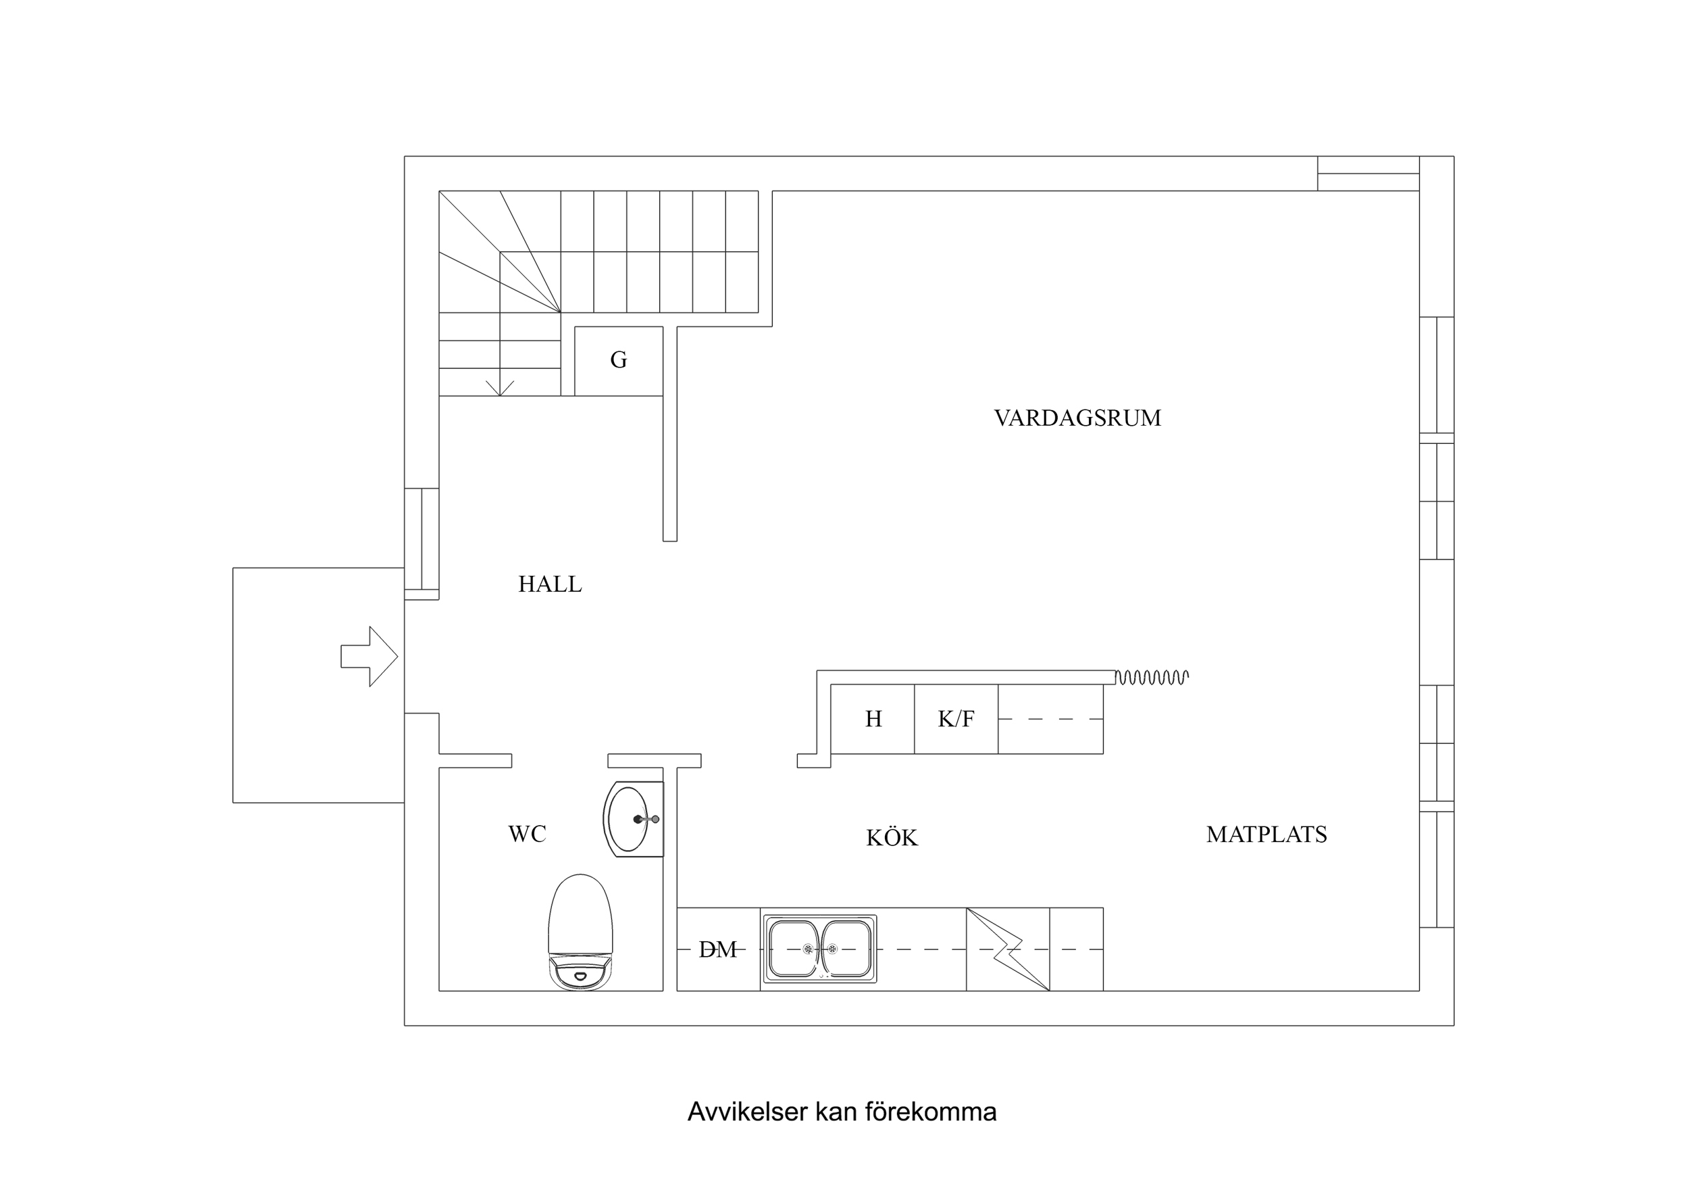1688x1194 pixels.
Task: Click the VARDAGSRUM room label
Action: (1077, 418)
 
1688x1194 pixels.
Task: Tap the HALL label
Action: (550, 584)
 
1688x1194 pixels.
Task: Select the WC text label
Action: (527, 834)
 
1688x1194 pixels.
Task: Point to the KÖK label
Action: (892, 838)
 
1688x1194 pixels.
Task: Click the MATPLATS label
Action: (1266, 835)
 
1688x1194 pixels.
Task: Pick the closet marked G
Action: (618, 360)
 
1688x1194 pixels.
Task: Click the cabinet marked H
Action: (873, 719)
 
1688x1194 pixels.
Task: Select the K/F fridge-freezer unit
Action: (956, 719)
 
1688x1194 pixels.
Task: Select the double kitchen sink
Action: (820, 949)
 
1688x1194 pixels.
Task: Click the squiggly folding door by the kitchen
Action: (1151, 677)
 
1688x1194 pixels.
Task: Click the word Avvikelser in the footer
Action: (748, 1112)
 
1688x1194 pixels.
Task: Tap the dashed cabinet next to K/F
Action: (1050, 719)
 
